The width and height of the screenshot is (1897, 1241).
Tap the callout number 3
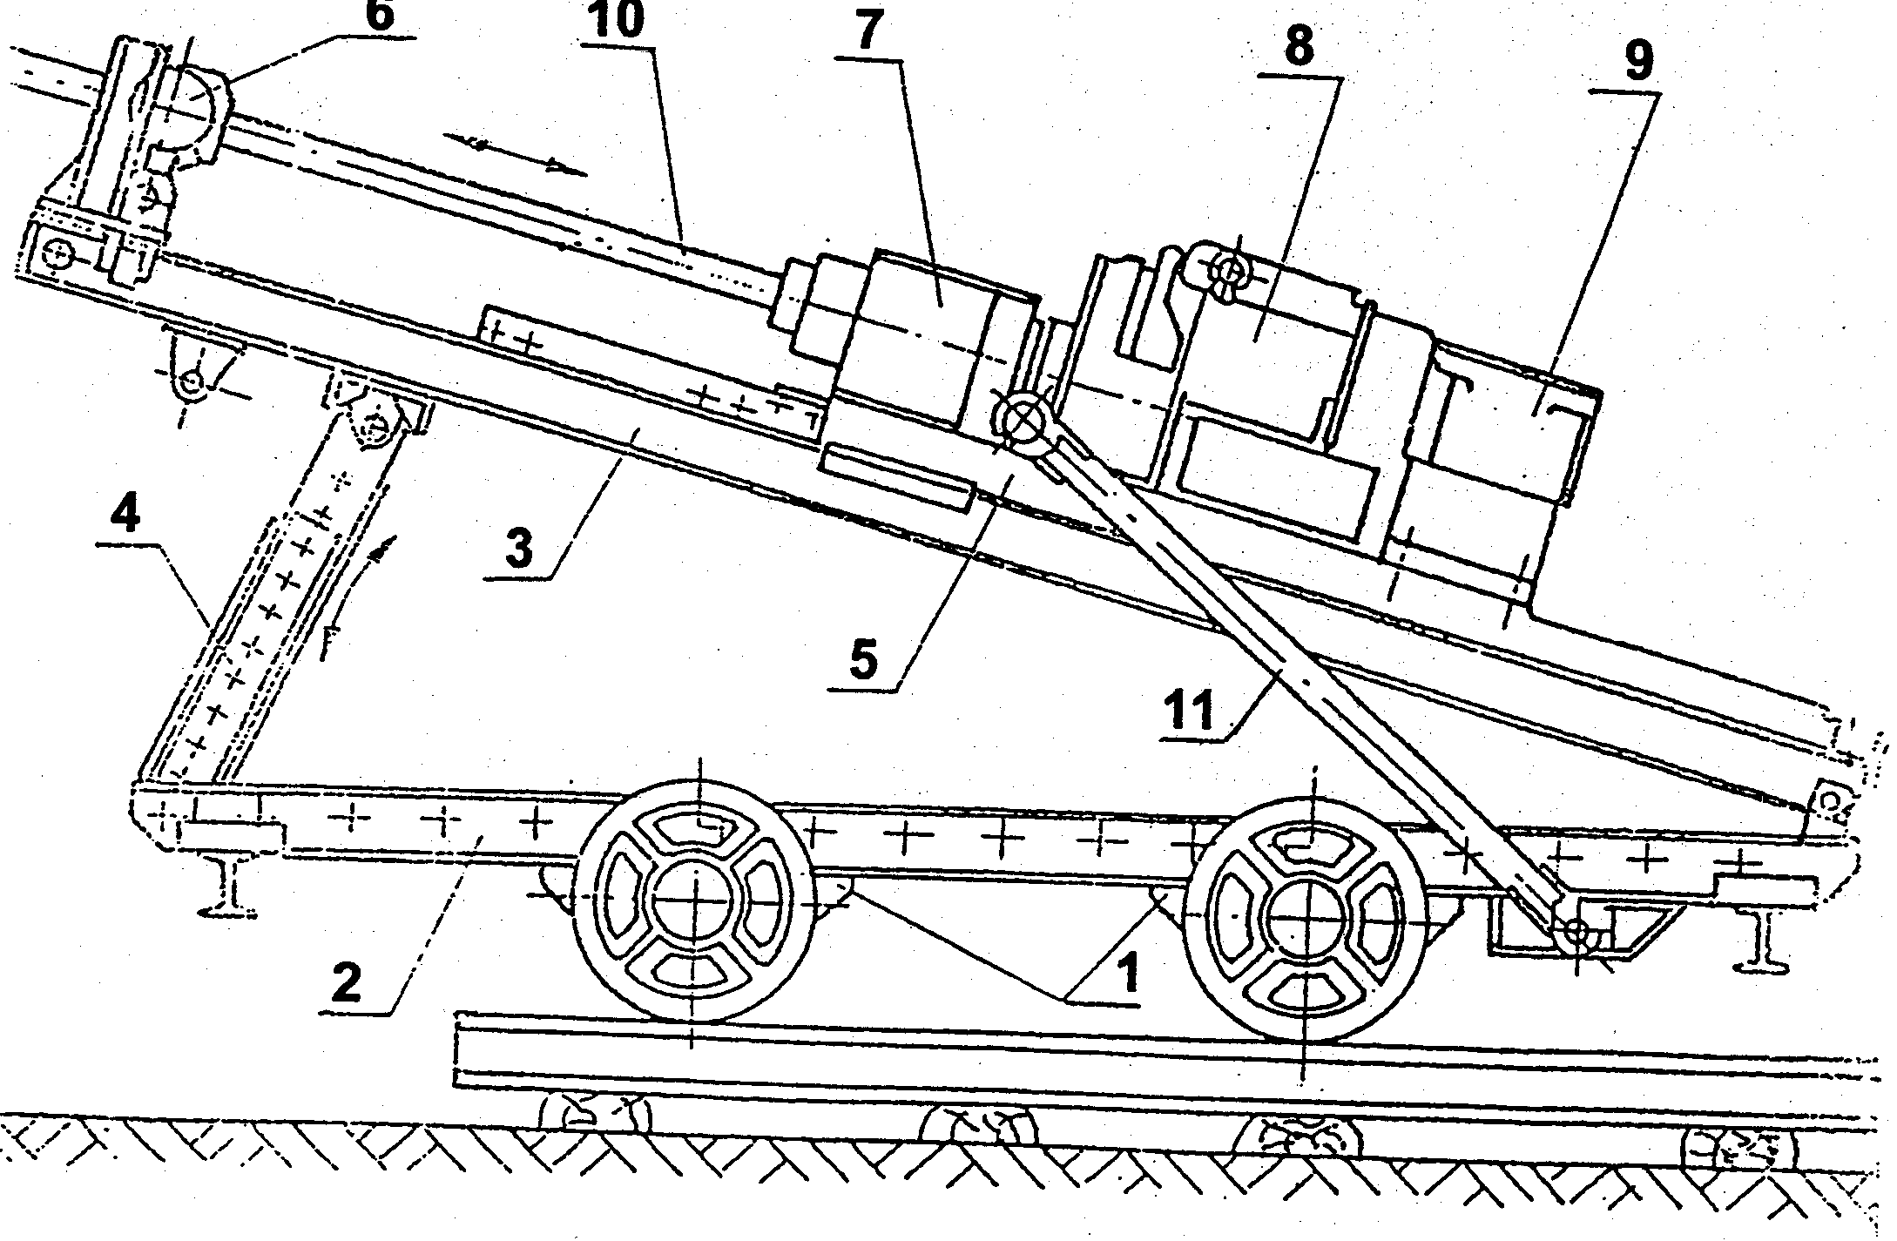(x=520, y=550)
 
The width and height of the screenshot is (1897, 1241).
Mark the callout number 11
(x=1192, y=712)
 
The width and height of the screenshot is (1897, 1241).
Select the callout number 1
(x=1128, y=973)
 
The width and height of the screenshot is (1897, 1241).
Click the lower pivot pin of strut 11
(x=1576, y=933)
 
